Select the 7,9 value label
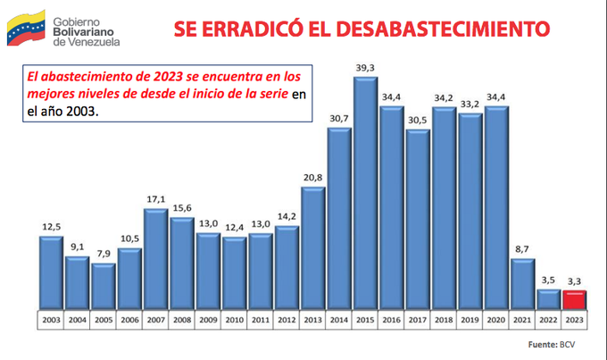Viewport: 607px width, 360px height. [104, 255]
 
